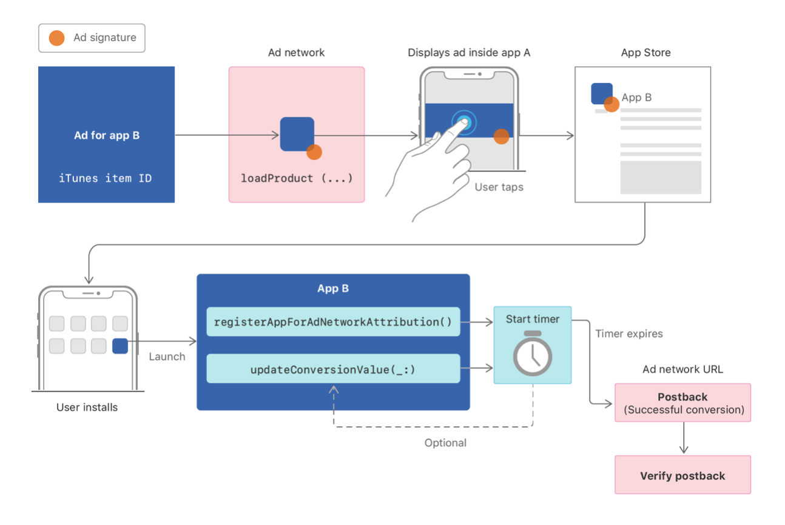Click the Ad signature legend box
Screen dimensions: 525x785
[92, 38]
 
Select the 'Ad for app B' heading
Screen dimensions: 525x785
[107, 135]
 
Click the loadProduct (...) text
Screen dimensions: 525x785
[296, 178]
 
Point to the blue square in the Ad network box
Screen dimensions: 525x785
[297, 133]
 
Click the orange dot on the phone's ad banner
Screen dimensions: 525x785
[501, 136]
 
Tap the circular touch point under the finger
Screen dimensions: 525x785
[463, 121]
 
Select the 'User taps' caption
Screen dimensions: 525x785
[499, 187]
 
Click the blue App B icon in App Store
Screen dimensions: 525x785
[601, 94]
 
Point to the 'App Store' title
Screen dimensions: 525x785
[645, 53]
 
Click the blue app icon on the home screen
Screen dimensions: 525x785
[120, 346]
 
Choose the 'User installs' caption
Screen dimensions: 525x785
[87, 407]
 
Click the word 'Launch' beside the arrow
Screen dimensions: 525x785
[167, 356]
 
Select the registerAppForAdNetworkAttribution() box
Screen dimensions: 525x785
[333, 322]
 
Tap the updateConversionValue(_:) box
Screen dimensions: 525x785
[333, 369]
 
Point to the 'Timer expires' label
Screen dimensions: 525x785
[628, 333]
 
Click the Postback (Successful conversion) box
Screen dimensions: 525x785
[682, 403]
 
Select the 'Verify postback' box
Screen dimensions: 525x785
[682, 475]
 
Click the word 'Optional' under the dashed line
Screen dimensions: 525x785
[445, 443]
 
